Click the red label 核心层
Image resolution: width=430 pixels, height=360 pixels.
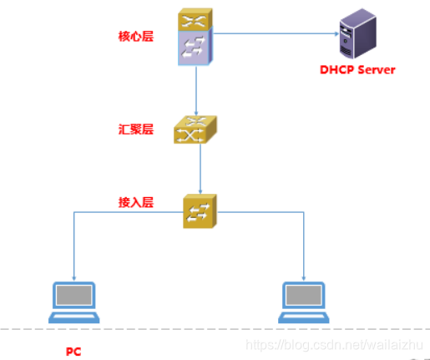[x=136, y=37]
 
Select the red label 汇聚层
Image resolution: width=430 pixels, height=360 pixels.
[x=136, y=129]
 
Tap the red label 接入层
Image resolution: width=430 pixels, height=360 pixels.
[x=136, y=203]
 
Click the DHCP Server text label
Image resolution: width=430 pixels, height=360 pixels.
[x=357, y=69]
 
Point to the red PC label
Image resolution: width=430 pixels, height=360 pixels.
[x=73, y=351]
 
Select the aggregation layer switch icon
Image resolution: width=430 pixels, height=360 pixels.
[x=195, y=130]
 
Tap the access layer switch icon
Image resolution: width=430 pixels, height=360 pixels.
[x=200, y=210]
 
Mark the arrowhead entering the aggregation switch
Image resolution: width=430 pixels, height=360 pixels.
[x=196, y=114]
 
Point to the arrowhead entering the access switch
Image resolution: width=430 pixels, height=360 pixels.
[x=200, y=192]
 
